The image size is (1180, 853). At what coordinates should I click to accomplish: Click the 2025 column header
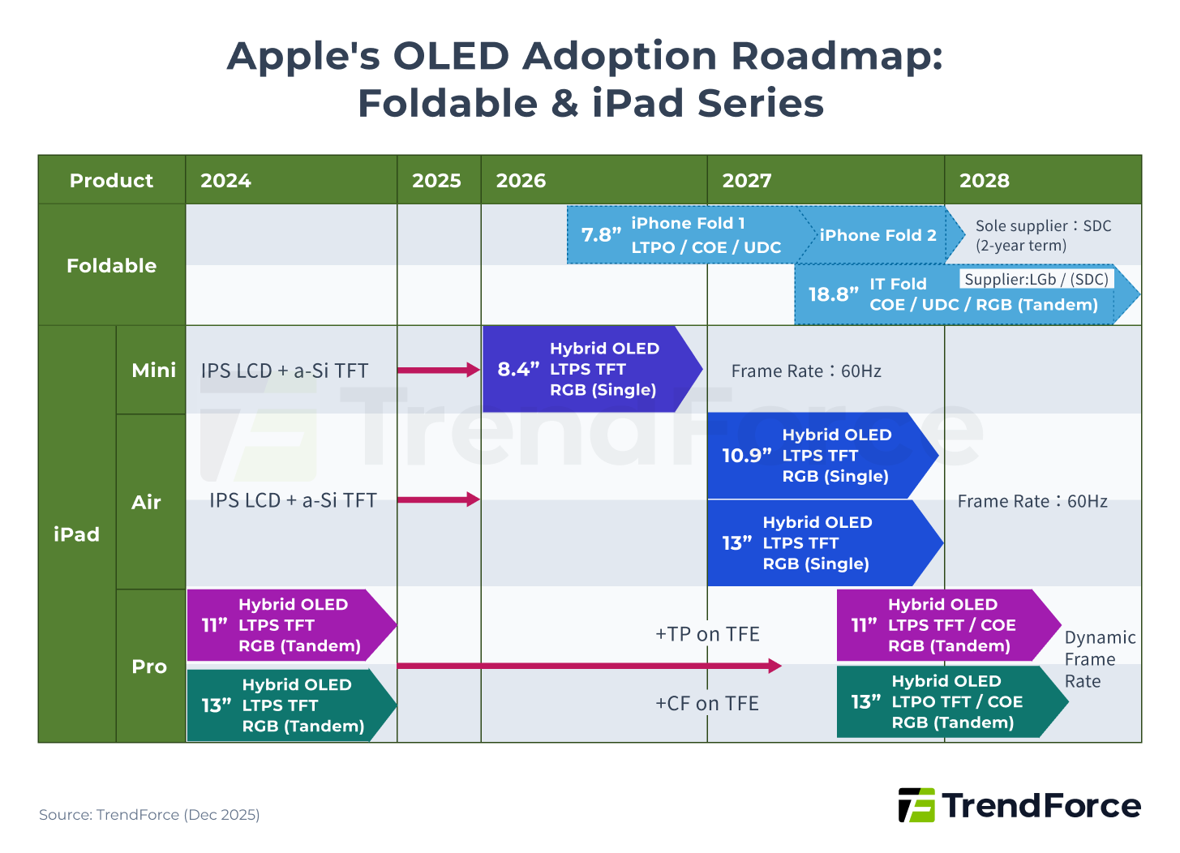[436, 181]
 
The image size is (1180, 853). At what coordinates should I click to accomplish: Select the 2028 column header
[984, 181]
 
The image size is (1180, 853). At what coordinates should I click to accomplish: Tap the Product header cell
[111, 181]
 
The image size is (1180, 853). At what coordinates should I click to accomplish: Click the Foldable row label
[111, 266]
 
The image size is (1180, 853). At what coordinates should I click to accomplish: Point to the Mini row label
[153, 371]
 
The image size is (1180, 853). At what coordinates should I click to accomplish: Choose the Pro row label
[149, 667]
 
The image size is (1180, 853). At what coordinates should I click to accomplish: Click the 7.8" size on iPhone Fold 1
[601, 235]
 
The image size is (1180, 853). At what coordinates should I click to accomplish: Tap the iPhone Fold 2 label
[877, 235]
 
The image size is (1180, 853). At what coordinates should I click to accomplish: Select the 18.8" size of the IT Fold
[833, 294]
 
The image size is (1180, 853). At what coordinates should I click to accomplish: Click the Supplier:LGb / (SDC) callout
[1036, 280]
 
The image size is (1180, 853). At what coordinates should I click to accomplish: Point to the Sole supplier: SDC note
[1043, 236]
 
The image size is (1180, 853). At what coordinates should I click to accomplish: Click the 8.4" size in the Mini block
[518, 370]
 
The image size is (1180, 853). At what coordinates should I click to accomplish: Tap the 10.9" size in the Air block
[746, 456]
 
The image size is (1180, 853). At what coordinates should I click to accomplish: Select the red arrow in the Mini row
[439, 371]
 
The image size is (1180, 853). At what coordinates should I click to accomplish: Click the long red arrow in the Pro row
[589, 666]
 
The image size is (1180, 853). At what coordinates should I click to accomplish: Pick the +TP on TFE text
[707, 634]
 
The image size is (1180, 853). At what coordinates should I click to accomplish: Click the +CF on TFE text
[707, 704]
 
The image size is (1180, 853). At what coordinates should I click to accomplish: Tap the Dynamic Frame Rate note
[1099, 659]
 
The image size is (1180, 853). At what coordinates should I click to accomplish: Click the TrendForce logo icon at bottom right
[916, 805]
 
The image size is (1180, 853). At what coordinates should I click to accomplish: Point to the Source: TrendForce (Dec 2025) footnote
[149, 815]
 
